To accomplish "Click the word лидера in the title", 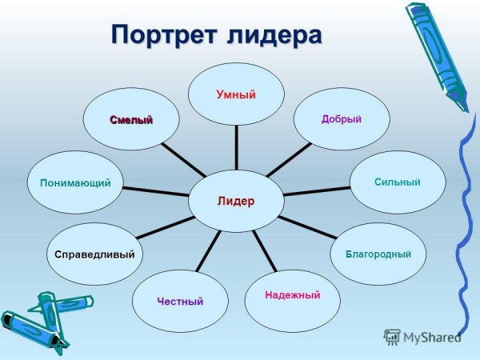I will (274, 35).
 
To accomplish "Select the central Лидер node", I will (236, 201).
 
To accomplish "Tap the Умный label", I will (236, 95).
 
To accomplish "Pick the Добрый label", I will (342, 119).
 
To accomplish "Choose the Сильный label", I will (397, 182).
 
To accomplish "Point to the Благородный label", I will (378, 254).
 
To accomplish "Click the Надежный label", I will (292, 296).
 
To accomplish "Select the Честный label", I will (180, 301).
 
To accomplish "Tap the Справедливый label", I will (94, 254).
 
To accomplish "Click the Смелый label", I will (131, 119).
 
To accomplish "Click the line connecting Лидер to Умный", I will (236, 147).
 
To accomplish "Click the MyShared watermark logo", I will (422, 336).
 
